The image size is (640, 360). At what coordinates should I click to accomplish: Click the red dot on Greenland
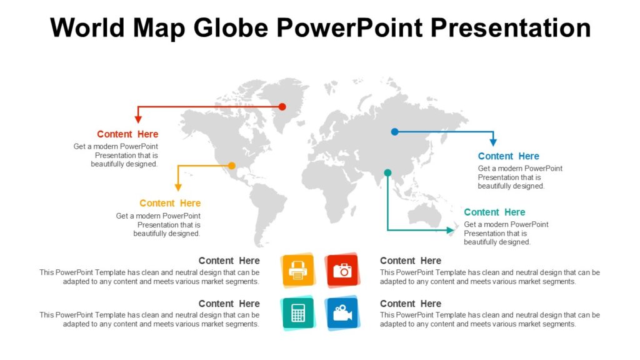(282, 107)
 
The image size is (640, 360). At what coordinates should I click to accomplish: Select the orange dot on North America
(232, 166)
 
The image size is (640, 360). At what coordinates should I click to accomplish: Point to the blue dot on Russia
(394, 132)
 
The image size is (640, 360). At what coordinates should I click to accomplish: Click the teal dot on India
(387, 172)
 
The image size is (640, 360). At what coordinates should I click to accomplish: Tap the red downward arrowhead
(139, 119)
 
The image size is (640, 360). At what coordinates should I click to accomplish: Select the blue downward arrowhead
(493, 142)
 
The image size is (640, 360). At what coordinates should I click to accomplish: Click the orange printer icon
(298, 270)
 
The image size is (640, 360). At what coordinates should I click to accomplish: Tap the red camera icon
(342, 270)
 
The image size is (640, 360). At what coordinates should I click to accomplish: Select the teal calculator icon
(298, 312)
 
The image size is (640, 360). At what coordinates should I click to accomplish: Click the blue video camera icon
(342, 312)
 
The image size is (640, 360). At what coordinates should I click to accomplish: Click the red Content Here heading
(127, 134)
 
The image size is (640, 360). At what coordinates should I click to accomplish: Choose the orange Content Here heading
(170, 203)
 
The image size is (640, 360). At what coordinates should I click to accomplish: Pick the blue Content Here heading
(508, 156)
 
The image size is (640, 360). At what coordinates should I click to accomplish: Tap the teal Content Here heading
(494, 212)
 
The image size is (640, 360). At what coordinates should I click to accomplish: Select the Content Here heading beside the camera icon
(410, 261)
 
